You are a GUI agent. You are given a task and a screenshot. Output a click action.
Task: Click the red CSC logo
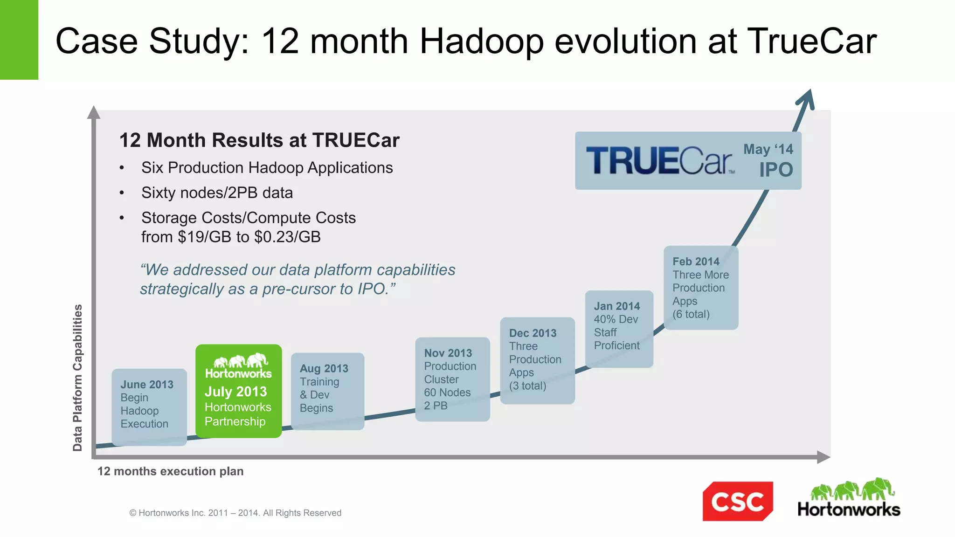pos(737,501)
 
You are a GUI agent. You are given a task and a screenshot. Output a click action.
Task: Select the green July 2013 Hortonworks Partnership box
pos(238,391)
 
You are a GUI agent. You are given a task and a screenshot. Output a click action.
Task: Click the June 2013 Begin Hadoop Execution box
pos(149,407)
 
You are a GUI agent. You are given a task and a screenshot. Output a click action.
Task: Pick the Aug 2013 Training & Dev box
pos(327,391)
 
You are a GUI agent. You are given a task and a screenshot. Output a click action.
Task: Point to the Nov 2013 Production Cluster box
pos(452,379)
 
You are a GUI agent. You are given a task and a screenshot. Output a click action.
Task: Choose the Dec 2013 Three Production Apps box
pos(537,360)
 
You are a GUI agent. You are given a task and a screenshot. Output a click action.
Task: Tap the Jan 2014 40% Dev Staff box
pos(619,329)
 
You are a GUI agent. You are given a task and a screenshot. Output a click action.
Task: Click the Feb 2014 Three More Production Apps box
pos(701,288)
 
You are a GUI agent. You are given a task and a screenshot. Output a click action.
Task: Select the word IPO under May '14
pos(775,170)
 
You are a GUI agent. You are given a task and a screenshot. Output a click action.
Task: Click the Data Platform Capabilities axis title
pos(77,378)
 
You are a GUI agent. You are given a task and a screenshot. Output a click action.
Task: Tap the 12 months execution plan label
pos(170,471)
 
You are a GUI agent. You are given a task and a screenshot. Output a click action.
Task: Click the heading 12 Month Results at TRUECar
pos(259,140)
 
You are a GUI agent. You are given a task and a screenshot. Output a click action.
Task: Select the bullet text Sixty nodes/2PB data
pos(217,193)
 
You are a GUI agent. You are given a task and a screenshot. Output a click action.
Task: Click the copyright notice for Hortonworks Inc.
pos(235,513)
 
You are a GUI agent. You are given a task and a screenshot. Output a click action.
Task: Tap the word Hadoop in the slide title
pos(481,41)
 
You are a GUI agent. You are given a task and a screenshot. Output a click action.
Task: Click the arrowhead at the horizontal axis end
pos(823,457)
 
